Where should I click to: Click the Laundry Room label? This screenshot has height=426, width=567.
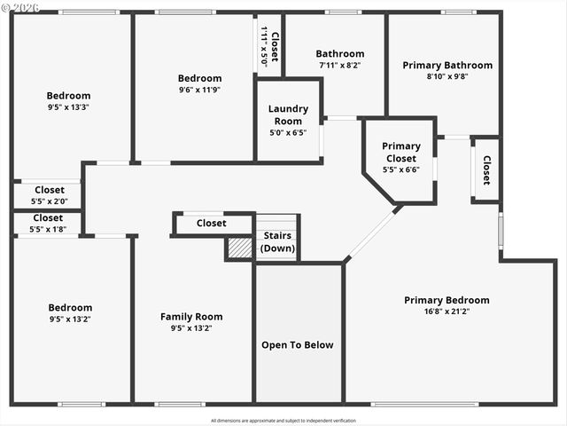coord(288,114)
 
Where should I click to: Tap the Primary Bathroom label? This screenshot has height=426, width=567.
coord(447,65)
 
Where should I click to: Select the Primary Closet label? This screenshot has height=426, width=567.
coord(400,152)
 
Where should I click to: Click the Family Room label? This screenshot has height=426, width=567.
coord(191,317)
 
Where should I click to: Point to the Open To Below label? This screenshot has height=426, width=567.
coord(298,344)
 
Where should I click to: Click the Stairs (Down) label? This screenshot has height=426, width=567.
coord(277,241)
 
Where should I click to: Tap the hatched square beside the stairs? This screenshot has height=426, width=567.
coord(240,248)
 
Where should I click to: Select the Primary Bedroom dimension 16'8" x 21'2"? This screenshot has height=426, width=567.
coord(447,312)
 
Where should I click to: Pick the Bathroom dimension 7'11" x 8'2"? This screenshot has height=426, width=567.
coord(340,65)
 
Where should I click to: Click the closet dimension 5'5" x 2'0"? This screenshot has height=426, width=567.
coord(49,201)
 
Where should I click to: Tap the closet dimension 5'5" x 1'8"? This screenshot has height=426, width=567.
coord(49,229)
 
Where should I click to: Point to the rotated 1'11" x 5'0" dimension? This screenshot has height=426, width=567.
coord(264,46)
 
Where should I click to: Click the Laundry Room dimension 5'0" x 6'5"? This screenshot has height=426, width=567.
coord(288,132)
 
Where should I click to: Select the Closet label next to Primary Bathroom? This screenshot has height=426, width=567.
coord(485,170)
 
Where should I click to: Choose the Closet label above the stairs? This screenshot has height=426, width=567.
coord(211,224)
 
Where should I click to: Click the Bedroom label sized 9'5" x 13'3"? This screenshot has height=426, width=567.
coord(68,96)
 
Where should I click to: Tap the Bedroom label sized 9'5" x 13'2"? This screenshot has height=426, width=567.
coord(70,308)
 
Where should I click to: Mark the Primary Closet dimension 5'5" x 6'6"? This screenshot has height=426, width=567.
coord(400,169)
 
